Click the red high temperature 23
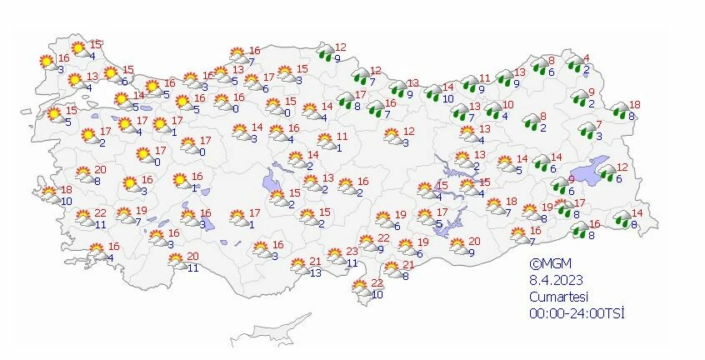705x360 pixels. pyautogui.click(x=352, y=252)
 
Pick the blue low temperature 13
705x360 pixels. pyautogui.click(x=315, y=273)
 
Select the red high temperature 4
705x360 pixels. pyautogui.click(x=587, y=57)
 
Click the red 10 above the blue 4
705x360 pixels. pyautogui.click(x=507, y=104)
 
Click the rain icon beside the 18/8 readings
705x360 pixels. pyautogui.click(x=619, y=109)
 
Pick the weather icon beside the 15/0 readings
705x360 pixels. pyautogui.click(x=274, y=106)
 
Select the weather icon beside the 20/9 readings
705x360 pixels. pyautogui.click(x=458, y=246)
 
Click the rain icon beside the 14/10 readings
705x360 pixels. pyautogui.click(x=433, y=92)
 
